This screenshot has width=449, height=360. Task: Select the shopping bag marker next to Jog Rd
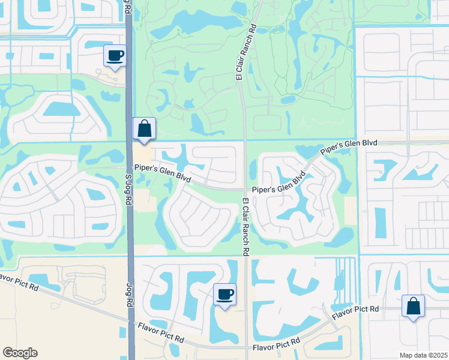pos(144,129)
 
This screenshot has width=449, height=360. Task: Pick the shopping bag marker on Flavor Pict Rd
pos(413,307)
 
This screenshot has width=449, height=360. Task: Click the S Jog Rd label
pos(128,189)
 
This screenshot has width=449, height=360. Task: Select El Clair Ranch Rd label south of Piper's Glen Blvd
pos(246,227)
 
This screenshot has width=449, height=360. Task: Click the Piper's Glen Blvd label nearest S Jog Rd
pos(163,173)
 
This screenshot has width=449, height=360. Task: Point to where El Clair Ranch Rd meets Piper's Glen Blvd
pos(245,189)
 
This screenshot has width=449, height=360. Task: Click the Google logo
pos(20,353)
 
